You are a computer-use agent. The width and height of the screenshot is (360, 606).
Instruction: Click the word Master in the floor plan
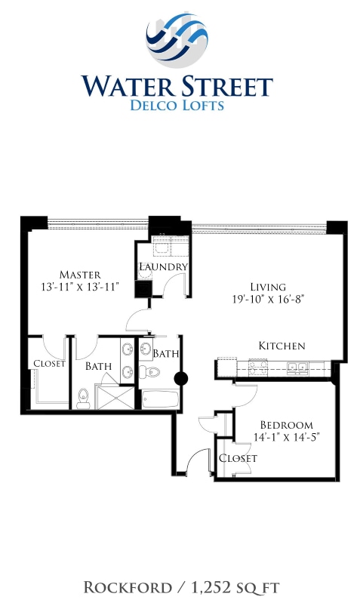(x=81, y=274)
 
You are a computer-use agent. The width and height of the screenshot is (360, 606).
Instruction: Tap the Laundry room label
(x=163, y=267)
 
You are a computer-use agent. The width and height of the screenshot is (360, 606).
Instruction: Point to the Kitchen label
(x=282, y=346)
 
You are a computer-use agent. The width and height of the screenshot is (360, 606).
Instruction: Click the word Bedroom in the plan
(x=286, y=425)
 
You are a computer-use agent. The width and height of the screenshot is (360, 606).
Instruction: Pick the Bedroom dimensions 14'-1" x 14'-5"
(x=286, y=437)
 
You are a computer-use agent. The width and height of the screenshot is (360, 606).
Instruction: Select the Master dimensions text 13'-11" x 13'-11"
(x=81, y=287)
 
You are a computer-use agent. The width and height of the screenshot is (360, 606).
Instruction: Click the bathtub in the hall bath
(x=159, y=398)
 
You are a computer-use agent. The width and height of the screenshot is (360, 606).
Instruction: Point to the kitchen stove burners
(x=255, y=368)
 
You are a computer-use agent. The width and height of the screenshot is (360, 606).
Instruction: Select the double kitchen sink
(x=295, y=368)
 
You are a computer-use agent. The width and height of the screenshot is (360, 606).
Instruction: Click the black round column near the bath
(x=181, y=380)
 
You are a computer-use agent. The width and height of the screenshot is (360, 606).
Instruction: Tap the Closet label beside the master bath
(x=49, y=364)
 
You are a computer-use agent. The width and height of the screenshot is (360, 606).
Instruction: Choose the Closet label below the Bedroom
(x=238, y=458)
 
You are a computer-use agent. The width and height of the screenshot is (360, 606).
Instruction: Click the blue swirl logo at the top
(x=177, y=38)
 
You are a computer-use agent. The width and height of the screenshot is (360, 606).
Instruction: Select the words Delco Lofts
(x=177, y=106)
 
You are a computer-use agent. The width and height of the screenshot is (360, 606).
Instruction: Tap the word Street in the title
(x=225, y=86)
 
